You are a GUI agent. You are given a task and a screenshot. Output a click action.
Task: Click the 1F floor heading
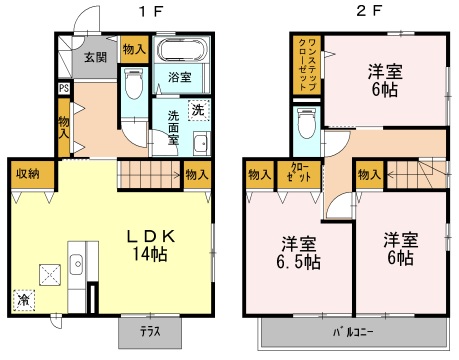point(151,11)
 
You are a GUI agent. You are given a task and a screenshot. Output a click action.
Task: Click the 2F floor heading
point(369,11)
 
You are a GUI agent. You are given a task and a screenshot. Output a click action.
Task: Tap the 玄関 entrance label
point(96,57)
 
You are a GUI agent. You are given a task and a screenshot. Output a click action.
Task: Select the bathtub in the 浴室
point(182,49)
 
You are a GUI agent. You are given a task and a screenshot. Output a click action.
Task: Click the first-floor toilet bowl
point(134,84)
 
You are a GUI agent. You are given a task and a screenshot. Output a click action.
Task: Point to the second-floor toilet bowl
point(306,123)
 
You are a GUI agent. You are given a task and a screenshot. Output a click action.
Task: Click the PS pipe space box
point(64,88)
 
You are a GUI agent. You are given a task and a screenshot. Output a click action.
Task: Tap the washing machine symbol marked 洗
point(199,110)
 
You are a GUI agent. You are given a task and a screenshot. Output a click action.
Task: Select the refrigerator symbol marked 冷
point(24,300)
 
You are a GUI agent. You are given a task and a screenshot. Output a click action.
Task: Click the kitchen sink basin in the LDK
point(77,264)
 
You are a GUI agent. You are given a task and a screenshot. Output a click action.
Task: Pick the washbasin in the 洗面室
point(201,144)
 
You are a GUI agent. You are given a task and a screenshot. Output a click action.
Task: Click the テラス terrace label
point(150,331)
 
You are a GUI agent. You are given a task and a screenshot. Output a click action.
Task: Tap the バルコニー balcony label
point(353,332)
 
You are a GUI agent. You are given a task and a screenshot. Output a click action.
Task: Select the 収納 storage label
point(29,173)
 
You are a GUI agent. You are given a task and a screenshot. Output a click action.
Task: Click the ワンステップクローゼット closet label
point(307,64)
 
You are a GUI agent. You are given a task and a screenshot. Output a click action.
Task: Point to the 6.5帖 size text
point(298,262)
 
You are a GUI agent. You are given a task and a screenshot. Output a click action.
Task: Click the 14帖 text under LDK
point(150,254)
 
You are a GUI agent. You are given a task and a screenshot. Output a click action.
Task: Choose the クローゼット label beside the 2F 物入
point(299,172)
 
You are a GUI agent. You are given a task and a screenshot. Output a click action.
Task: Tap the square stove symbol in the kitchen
point(50,275)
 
